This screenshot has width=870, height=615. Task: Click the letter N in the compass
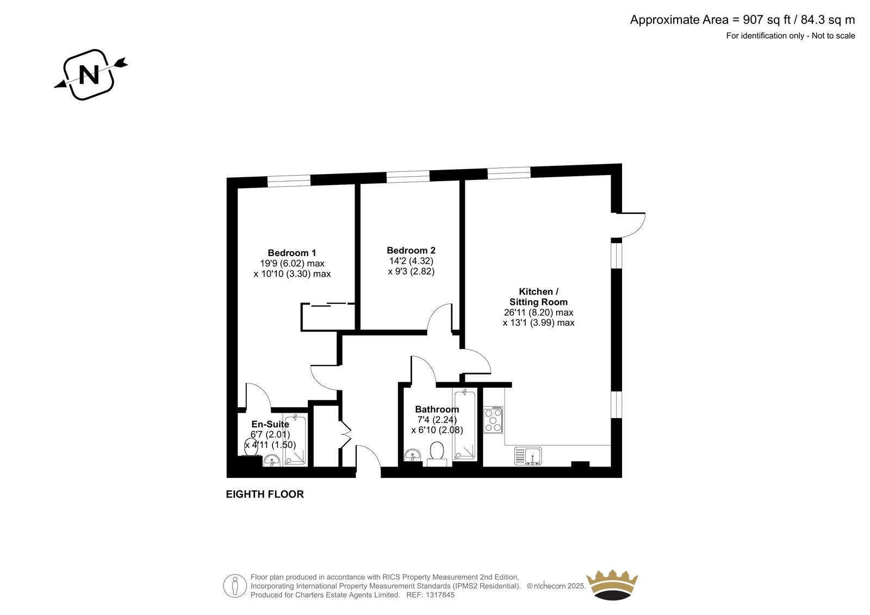(89, 74)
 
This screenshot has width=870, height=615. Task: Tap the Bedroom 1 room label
(292, 253)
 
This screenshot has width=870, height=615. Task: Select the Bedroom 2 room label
(411, 251)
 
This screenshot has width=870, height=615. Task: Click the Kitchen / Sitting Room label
(539, 297)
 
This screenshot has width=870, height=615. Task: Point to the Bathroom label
(437, 409)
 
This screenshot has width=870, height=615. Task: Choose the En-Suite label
(270, 424)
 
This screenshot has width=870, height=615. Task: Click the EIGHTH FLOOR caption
(265, 494)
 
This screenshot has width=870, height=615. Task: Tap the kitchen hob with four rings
(493, 420)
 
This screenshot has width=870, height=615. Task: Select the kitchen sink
(528, 456)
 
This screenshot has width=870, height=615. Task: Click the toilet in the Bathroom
(437, 454)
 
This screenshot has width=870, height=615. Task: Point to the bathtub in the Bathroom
(465, 425)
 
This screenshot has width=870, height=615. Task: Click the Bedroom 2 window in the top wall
(408, 176)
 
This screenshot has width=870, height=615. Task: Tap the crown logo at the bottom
(612, 585)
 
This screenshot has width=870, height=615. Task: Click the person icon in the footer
(235, 586)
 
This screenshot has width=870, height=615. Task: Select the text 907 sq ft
(767, 20)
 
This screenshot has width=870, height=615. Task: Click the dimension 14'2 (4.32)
(411, 261)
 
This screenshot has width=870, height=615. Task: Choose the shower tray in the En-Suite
(295, 440)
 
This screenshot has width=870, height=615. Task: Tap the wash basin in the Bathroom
(413, 455)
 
